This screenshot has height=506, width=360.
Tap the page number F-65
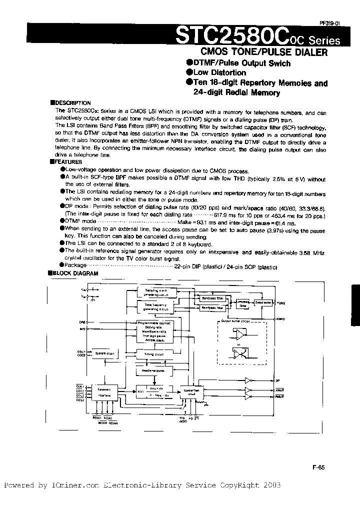318,467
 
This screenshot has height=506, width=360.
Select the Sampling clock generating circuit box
156,292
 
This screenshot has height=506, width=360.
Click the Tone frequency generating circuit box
156,306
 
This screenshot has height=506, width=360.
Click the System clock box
104,353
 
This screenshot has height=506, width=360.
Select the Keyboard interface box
104,391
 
